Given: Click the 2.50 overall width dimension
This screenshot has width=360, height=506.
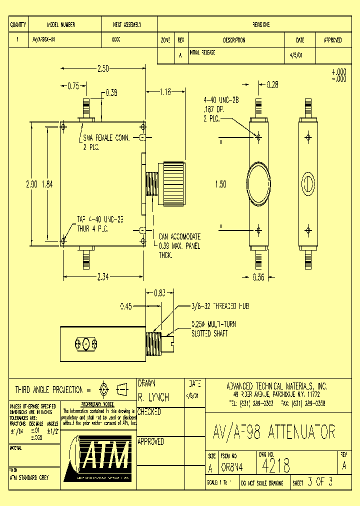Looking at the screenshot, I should click(103, 69).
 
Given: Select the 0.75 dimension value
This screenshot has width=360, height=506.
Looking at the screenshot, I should click(73, 85).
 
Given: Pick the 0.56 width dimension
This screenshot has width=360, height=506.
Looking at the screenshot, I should click(258, 278).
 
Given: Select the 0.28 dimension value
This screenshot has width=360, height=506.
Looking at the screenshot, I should click(272, 85).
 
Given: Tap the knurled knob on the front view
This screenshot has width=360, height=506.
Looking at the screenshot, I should click(173, 183).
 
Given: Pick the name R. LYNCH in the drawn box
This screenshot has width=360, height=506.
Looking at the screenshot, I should click(153, 398).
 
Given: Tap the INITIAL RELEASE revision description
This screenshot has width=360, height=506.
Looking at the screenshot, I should click(202, 52).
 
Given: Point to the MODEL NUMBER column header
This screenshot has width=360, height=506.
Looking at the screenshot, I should click(61, 24).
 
